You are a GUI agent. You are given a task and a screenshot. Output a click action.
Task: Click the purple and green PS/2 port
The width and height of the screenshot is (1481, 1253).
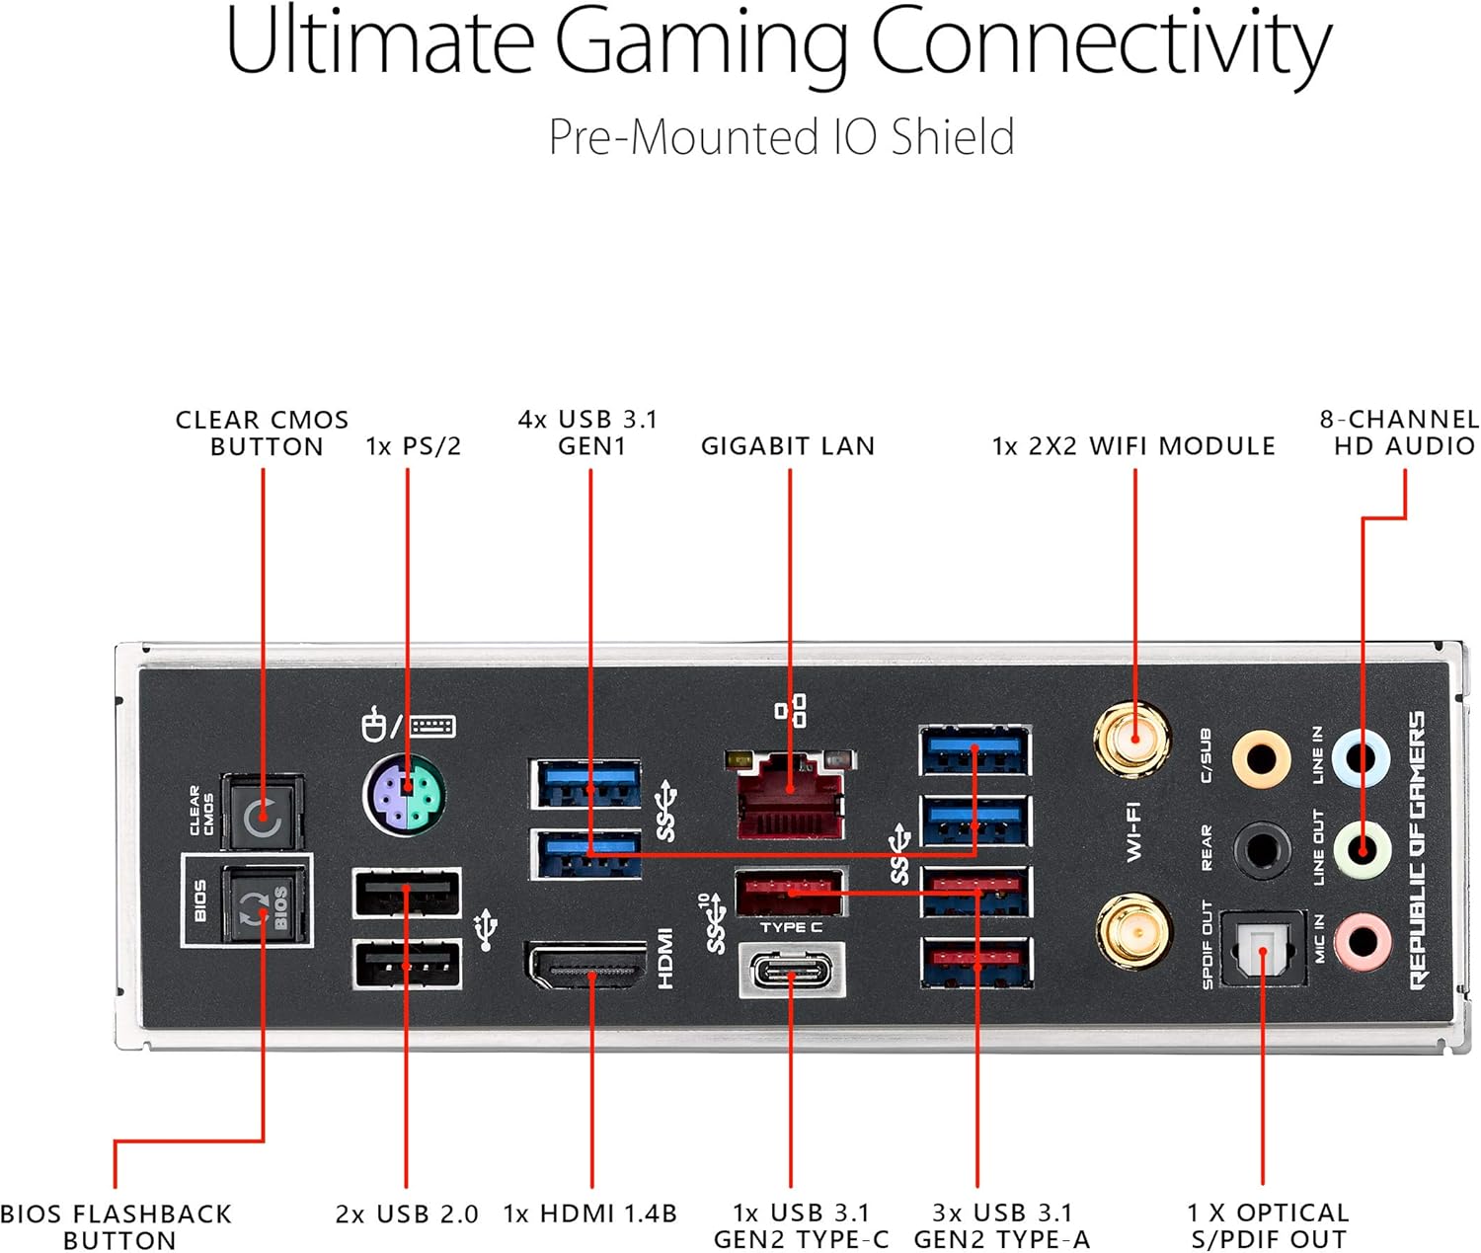coord(405,795)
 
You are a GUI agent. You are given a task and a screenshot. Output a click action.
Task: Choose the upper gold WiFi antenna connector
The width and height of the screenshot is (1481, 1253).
coord(1132,740)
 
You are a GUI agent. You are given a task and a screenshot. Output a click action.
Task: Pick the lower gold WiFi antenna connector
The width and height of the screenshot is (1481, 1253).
coord(1134,930)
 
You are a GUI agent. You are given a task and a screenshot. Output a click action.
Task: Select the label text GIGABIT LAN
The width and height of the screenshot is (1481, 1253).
coord(788,446)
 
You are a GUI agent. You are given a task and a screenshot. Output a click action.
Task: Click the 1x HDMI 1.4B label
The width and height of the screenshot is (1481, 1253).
coord(590,1214)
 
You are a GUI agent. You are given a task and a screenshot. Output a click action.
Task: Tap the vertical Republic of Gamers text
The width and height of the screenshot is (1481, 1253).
coord(1417,849)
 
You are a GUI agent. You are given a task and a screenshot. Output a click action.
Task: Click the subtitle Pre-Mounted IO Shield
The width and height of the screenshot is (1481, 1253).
coord(781,137)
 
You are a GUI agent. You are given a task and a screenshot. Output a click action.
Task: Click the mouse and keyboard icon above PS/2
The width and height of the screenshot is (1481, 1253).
coord(407,726)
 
